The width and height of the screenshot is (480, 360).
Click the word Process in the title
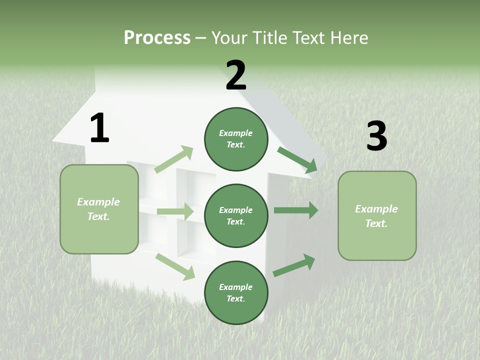coord(157,38)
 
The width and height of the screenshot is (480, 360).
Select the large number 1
coord(99,128)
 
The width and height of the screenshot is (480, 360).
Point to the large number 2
coord(236,75)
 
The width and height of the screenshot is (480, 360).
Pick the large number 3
coord(376,136)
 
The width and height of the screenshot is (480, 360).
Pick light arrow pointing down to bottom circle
coord(175,266)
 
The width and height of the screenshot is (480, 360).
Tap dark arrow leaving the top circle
coord(297,160)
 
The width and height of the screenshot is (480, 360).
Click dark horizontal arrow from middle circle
coord(296,210)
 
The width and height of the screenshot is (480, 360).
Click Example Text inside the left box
coord(98,209)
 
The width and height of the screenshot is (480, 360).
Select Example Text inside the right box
coord(376,216)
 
